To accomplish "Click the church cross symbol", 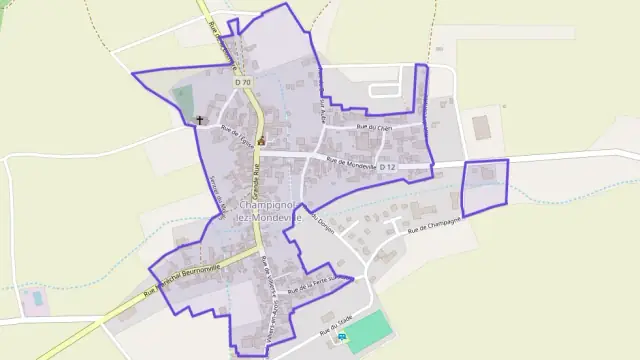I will [x=200, y=121].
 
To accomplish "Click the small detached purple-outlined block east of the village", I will [x=485, y=185].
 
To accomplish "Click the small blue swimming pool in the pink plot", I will [x=36, y=298].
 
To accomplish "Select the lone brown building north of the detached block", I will [x=482, y=127].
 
